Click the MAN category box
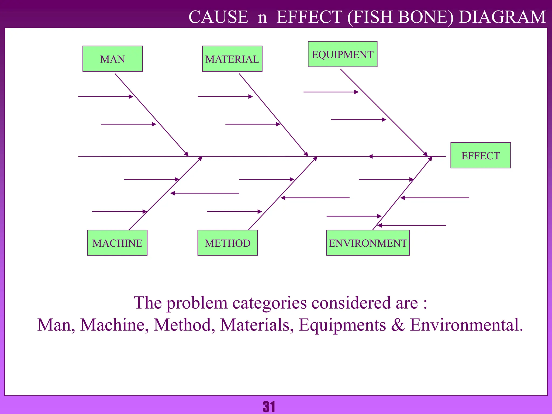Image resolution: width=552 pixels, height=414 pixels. (112, 59)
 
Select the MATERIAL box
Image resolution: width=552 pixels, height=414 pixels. (232, 59)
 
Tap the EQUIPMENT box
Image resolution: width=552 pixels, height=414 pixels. (342, 54)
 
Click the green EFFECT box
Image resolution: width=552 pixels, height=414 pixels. (480, 156)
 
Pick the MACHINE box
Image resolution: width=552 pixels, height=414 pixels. (117, 243)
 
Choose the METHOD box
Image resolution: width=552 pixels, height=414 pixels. (227, 243)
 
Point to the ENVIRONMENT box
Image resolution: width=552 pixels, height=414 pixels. (368, 243)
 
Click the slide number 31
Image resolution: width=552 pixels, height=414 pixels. (269, 406)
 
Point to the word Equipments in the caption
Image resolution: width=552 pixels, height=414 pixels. (342, 325)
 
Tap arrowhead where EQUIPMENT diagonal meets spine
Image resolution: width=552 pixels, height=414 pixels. (426, 154)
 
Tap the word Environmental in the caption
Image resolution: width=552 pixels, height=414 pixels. (466, 325)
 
